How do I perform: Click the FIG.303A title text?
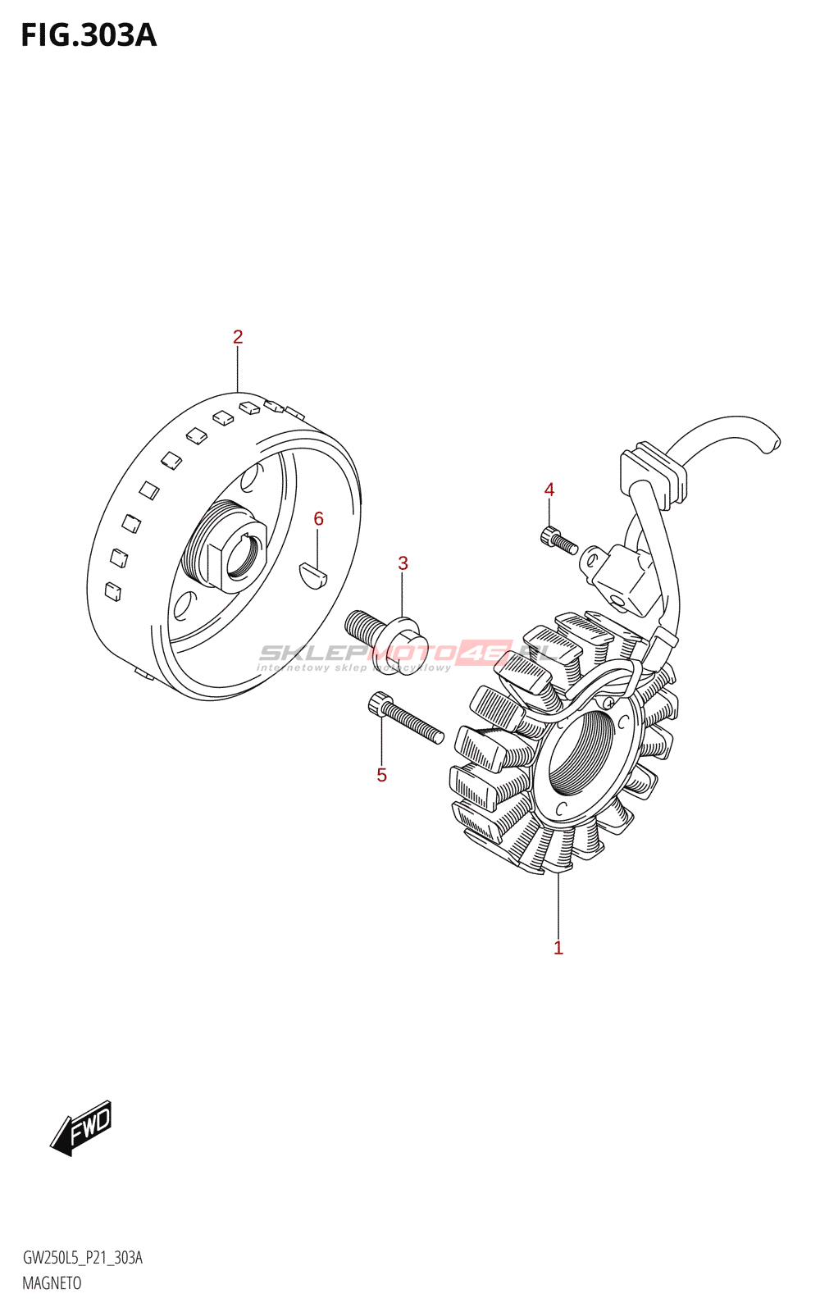click(x=89, y=35)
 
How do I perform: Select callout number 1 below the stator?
click(x=558, y=948)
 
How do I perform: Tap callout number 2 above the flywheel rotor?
click(x=238, y=337)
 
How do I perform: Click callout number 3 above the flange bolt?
click(x=403, y=563)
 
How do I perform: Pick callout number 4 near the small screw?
click(x=549, y=490)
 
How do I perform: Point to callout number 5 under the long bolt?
click(x=381, y=775)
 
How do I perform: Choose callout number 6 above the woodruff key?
click(x=318, y=518)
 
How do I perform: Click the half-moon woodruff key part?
click(x=312, y=574)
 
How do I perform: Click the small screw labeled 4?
click(x=558, y=541)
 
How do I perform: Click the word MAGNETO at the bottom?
click(x=52, y=1283)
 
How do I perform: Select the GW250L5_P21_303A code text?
click(x=82, y=1258)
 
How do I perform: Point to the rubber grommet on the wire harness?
click(x=654, y=475)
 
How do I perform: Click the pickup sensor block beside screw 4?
click(x=622, y=577)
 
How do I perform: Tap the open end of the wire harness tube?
click(x=771, y=444)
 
